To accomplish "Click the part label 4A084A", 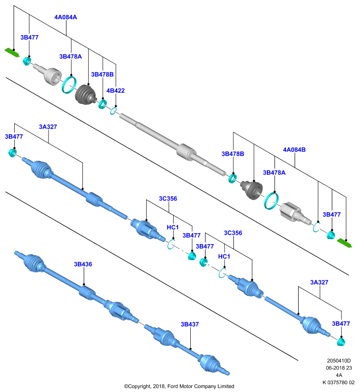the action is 66,17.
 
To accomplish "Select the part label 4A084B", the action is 294,150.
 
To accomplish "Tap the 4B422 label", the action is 116,91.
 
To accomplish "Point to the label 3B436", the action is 83,264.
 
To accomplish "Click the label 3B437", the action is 190,324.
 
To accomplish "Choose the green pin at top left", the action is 12,52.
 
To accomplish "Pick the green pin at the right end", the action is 344,243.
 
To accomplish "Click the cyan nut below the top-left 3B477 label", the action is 27,61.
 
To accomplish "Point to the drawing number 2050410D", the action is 339,361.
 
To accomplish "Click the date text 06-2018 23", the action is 339,368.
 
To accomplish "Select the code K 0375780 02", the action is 339,383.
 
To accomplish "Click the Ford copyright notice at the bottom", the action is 179,386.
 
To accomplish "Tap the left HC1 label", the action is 173,227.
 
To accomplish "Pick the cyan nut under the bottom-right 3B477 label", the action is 341,342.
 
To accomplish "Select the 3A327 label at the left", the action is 48,127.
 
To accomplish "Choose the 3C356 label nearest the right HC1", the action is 233,233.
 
